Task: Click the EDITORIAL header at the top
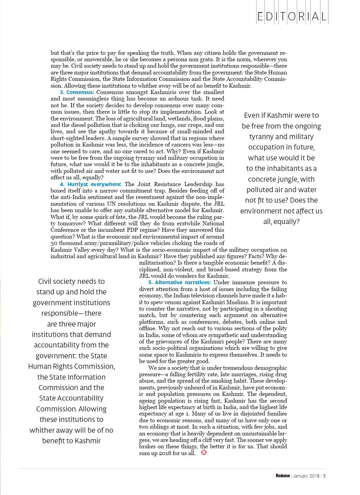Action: pyautogui.click(x=292, y=16)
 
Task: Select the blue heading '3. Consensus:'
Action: pyautogui.click(x=77, y=92)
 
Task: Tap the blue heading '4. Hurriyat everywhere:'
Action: pyautogui.click(x=91, y=184)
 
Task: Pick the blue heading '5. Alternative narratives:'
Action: pyautogui.click(x=179, y=283)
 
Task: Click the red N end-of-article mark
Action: pyautogui.click(x=204, y=453)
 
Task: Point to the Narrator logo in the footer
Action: pyautogui.click(x=283, y=476)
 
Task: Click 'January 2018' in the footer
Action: pyautogui.click(x=306, y=476)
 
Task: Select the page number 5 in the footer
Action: pyautogui.click(x=324, y=476)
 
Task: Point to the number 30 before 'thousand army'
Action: pyautogui.click(x=54, y=243)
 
